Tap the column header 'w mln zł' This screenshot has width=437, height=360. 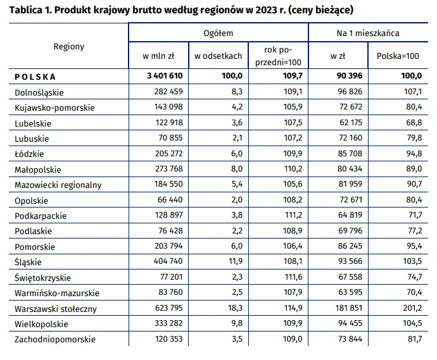[x=159, y=56]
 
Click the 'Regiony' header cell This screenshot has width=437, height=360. [x=68, y=46]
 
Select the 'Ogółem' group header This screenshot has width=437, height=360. [x=218, y=32]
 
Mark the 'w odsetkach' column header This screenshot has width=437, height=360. [x=218, y=56]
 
